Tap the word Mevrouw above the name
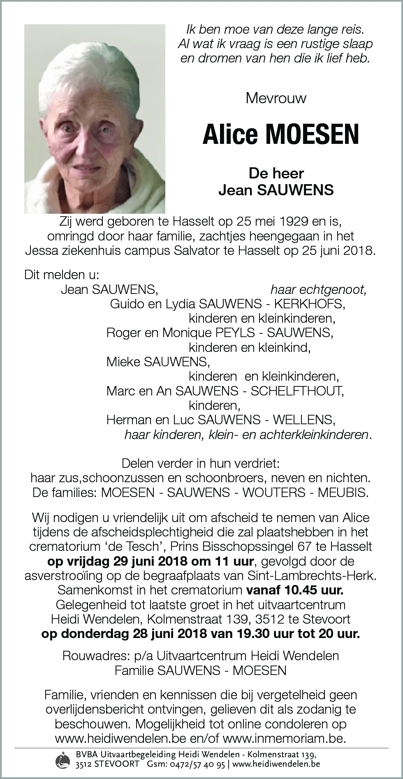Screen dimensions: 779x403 (276, 98)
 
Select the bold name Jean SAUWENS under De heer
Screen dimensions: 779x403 (276, 190)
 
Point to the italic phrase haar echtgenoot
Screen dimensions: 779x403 (318, 290)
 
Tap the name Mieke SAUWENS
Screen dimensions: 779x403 (157, 362)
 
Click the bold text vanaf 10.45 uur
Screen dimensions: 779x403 (294, 590)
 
